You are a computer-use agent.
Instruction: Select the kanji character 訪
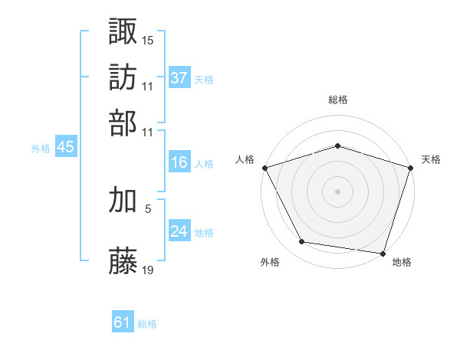[123, 77]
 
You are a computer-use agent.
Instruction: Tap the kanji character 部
[123, 122]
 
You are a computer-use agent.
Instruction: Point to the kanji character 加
[123, 200]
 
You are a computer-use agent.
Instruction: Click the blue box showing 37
[179, 78]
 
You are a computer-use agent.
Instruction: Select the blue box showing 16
[179, 162]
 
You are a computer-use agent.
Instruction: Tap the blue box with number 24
[179, 231]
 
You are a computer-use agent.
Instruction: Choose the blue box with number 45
[65, 148]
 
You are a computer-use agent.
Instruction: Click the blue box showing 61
[123, 323]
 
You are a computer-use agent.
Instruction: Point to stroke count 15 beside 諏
[148, 39]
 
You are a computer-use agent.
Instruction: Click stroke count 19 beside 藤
[148, 270]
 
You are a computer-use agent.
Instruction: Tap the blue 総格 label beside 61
[147, 325]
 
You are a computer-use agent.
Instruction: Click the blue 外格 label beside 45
[40, 149]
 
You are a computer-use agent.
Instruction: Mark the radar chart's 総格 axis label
[337, 100]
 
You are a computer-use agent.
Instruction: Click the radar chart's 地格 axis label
[402, 262]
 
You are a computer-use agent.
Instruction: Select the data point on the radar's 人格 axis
[264, 168]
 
